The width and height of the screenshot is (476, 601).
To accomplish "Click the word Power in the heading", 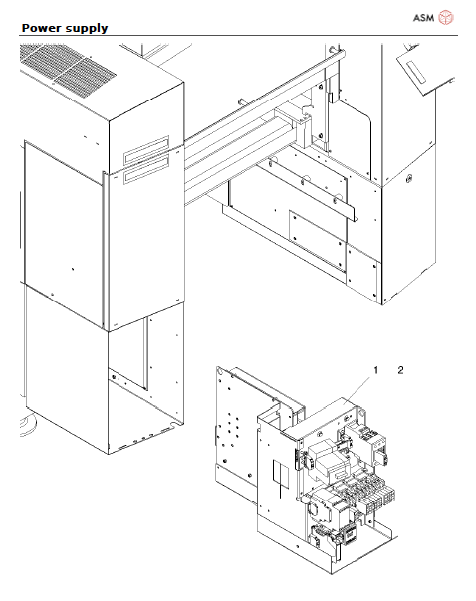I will click(x=43, y=28).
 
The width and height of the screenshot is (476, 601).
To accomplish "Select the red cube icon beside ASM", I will click(x=447, y=18).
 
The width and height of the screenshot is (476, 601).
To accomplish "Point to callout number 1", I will click(x=376, y=370).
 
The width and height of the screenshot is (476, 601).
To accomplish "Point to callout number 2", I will click(x=401, y=370).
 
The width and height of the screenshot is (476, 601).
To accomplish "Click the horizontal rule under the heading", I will click(x=238, y=36).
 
